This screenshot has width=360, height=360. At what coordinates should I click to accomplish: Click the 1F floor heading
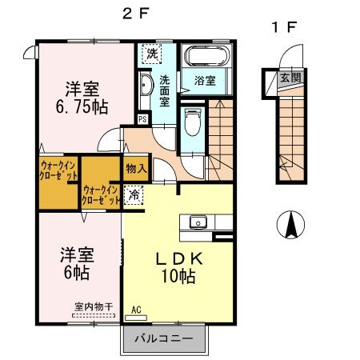pos(284,26)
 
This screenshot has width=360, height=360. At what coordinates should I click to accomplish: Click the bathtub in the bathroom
pos(207,57)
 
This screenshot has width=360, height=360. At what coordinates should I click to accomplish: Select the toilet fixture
pos(192,124)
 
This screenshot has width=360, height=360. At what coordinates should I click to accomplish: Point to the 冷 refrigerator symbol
pos(134,193)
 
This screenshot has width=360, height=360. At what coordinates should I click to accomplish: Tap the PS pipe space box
pos(142,119)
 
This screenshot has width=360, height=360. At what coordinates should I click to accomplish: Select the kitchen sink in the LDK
pos(197,222)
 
